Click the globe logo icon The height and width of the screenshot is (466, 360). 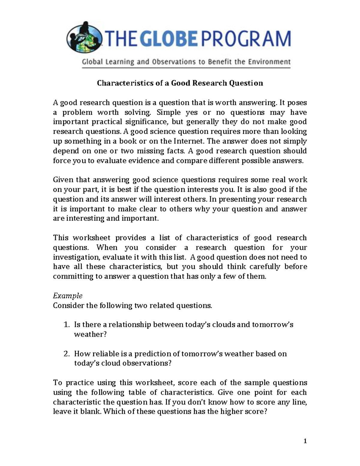click(85, 38)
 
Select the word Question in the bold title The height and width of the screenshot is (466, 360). click(246, 83)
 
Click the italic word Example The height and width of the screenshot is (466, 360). click(67, 296)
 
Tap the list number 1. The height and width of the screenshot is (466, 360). click(67, 325)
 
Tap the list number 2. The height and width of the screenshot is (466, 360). click(67, 354)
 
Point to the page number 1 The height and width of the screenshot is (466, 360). click(305, 441)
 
